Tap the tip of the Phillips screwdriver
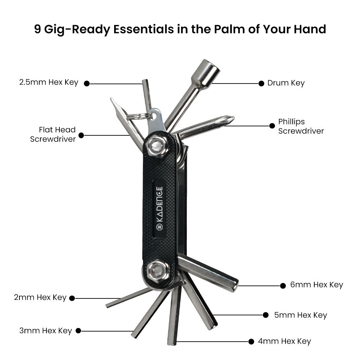click(234, 118)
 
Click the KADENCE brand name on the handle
click(159, 204)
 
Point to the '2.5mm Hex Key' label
click(49, 82)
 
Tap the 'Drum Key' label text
click(286, 83)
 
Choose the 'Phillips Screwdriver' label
click(301, 126)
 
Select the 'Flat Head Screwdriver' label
click(53, 134)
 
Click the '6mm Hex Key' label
click(316, 285)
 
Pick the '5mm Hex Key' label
click(301, 315)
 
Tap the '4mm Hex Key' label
click(284, 341)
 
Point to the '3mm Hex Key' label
click(46, 330)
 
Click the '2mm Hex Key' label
click(40, 297)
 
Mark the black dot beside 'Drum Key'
click(261, 84)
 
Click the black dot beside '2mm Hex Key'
click(72, 298)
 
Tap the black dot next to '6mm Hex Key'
click(283, 285)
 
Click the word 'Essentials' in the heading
click(144, 29)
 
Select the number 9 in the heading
click(38, 29)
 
